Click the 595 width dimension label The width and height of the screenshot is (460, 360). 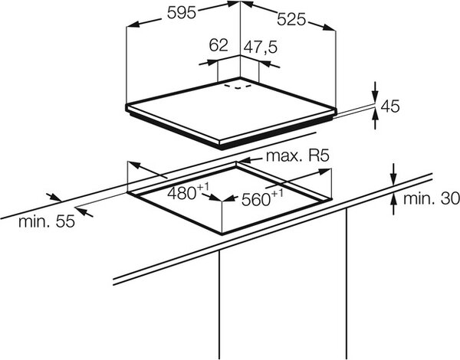coord(181,12)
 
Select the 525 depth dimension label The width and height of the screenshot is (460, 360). coord(291,20)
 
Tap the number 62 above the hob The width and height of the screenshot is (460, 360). coord(219,45)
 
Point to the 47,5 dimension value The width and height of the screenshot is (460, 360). coord(260,47)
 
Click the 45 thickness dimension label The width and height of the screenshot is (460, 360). coord(390,106)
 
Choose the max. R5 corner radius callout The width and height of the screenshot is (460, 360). coord(297,156)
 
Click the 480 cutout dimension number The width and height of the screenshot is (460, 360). coord(182,194)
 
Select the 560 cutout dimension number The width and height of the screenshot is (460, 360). coord(255,200)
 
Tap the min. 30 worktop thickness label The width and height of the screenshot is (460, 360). coord(431,199)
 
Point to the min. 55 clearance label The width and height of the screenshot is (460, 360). coord(47,221)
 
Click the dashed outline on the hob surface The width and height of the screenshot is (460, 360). coord(238,87)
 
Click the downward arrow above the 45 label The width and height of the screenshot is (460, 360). coord(375,93)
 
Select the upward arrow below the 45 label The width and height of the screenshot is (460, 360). coord(375,119)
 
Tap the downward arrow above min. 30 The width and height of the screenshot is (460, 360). coord(394,175)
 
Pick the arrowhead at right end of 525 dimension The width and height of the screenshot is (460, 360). coord(328,28)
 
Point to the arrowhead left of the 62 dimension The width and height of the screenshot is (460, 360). coord(212,62)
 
